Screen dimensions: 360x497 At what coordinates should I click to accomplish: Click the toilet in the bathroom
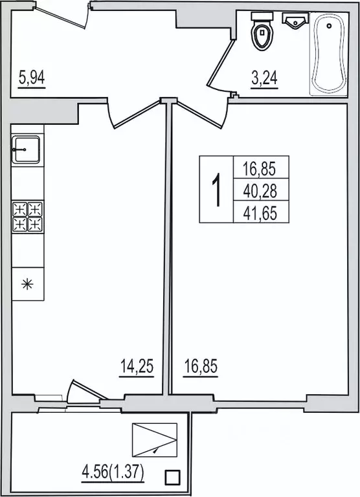262,31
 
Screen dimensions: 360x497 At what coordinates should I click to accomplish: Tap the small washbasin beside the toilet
295,20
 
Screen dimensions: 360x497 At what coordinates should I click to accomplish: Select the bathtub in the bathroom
328,54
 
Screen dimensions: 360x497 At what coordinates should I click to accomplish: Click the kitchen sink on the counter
26,149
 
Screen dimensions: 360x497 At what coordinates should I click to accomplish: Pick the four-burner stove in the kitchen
27,217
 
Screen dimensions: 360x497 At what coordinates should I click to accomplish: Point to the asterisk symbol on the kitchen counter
28,283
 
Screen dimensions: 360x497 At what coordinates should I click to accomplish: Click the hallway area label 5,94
32,78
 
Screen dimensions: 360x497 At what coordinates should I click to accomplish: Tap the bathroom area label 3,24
264,78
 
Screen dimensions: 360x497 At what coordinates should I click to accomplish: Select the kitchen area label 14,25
137,367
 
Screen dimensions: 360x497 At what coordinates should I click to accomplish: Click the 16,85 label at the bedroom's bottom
201,367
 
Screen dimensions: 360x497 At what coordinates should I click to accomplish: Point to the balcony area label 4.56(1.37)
113,473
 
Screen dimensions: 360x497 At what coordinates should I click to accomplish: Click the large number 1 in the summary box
216,189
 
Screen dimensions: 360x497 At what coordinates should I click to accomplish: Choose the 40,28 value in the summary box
260,191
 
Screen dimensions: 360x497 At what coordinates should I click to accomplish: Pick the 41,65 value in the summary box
260,214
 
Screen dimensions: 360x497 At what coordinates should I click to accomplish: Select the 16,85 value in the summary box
260,169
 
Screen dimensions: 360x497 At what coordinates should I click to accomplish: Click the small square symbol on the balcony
172,476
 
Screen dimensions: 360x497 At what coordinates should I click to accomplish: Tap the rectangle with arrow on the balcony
155,440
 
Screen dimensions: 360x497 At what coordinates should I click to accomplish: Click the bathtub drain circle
330,25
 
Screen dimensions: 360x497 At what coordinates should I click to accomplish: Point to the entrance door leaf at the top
60,16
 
